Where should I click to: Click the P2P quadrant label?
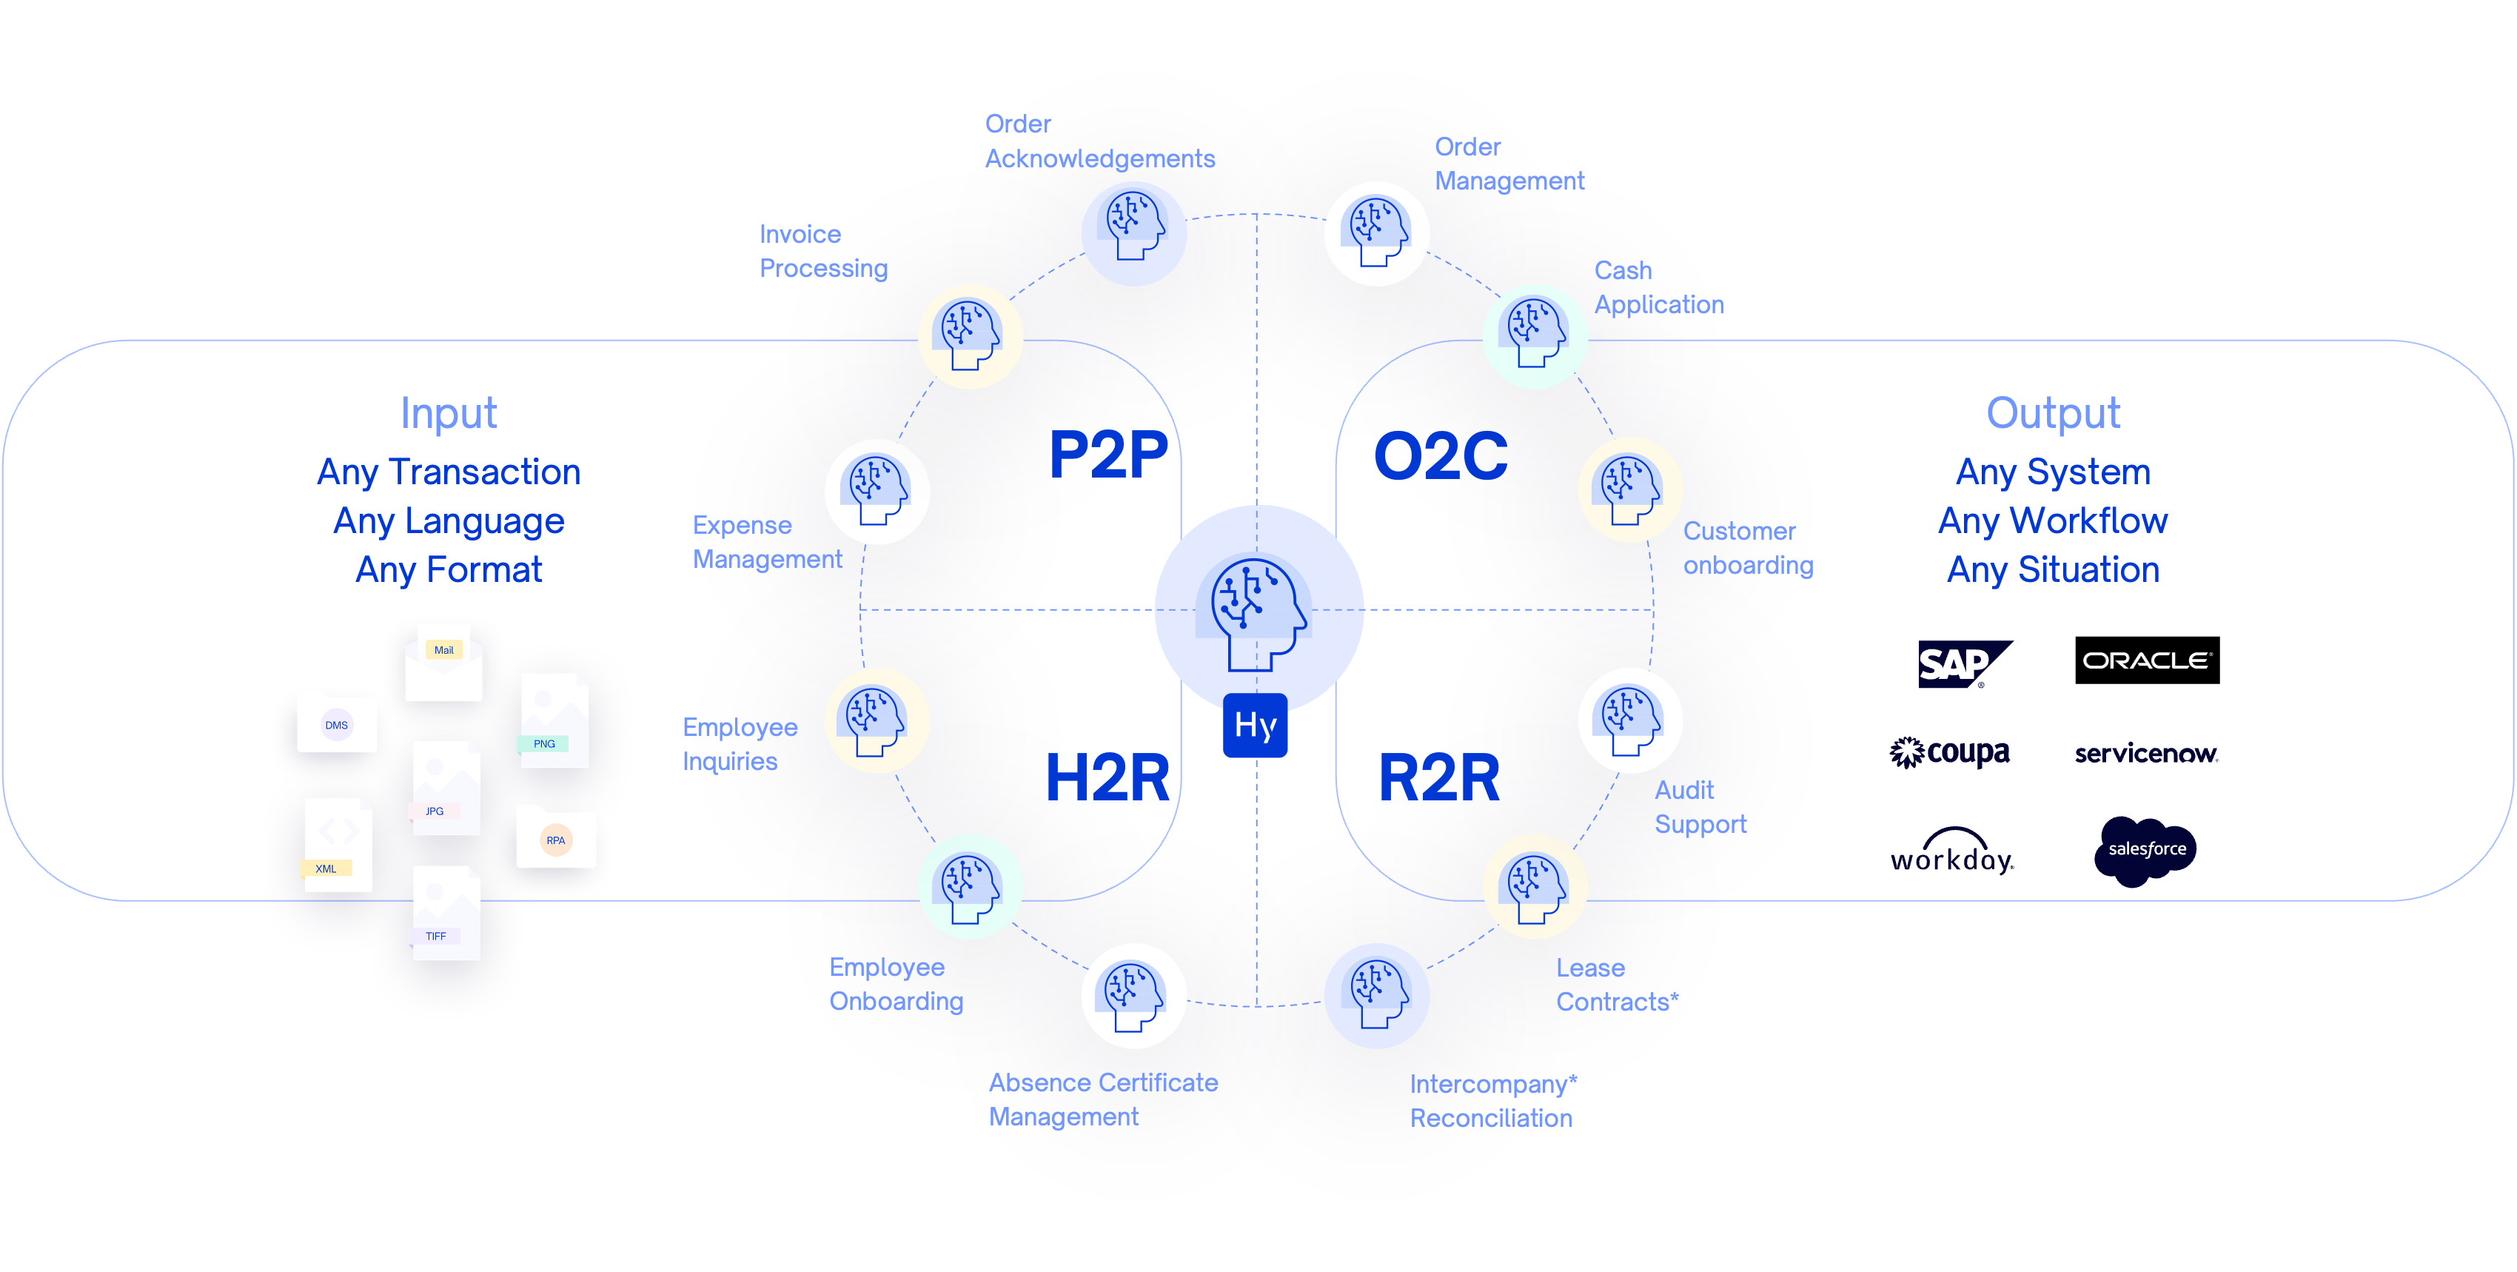point(1108,455)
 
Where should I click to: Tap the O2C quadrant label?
point(1440,456)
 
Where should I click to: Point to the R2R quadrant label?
point(1438,777)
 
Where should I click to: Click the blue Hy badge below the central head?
point(1256,725)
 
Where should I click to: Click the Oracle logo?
point(2147,661)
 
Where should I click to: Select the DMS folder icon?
point(337,723)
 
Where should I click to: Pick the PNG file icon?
point(554,721)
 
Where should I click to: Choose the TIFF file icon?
point(446,914)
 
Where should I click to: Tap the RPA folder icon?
point(555,838)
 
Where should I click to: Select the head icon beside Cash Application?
point(1535,336)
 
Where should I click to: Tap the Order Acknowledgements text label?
point(1099,141)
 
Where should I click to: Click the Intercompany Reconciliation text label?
point(1492,1101)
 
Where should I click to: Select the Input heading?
point(449,413)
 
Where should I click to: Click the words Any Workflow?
point(2053,520)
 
